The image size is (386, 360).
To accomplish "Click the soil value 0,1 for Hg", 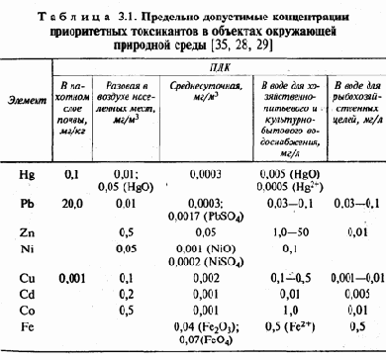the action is (69, 174).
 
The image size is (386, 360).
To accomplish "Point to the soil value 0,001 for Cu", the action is (69, 280).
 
